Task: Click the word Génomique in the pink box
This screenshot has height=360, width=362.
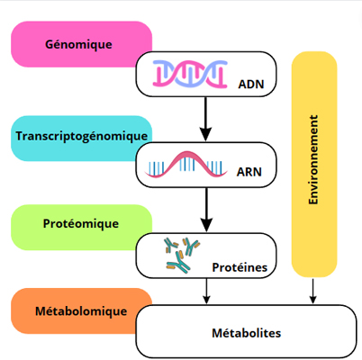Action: coord(78,45)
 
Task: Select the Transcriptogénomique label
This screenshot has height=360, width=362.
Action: coord(82,136)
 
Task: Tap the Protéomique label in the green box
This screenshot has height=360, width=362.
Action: coord(81,224)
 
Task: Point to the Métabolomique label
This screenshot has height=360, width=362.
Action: coord(81,311)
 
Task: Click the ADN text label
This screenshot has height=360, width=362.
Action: coord(251,85)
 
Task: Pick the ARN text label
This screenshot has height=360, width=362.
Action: coord(249,172)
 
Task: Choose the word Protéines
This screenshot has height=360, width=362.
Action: coord(240,267)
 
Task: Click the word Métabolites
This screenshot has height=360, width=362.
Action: coord(247,333)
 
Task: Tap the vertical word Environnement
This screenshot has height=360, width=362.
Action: coord(313,159)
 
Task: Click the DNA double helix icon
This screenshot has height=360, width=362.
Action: coord(190,74)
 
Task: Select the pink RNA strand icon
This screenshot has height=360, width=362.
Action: coord(186,165)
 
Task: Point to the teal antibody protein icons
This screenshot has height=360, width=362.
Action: coord(182,255)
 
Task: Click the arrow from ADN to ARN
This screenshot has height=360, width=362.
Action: coord(205,119)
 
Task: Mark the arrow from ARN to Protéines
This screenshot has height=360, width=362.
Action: coord(206,210)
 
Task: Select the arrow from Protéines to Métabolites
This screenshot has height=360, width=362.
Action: coord(206,291)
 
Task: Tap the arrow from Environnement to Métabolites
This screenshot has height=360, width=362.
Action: coord(312,291)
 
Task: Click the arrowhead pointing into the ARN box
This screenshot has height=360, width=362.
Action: coord(205,134)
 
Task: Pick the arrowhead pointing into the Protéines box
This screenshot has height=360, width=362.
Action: coord(206,225)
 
